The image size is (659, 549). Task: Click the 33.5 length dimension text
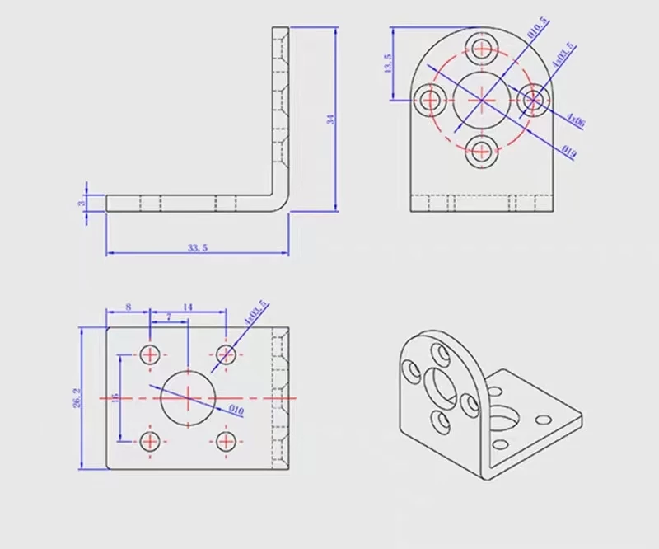pos(197,246)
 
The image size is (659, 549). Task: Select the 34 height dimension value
pos(331,120)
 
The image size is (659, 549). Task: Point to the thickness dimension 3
pos(82,203)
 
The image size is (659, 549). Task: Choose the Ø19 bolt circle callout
pos(568,150)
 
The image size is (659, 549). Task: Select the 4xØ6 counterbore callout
pos(576,121)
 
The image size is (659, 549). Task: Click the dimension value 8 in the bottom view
pos(128,307)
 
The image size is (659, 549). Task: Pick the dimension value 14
pos(188,307)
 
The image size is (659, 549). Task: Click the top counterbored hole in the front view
pos(480,46)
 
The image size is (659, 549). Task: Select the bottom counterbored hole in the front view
pos(480,150)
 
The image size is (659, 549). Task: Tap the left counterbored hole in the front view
pos(429,99)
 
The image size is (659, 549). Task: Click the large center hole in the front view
pos(480,99)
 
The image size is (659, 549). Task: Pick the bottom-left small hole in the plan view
pos(150,440)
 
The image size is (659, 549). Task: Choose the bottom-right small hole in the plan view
pos(226,440)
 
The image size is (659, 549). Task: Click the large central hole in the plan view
pos(188,397)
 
